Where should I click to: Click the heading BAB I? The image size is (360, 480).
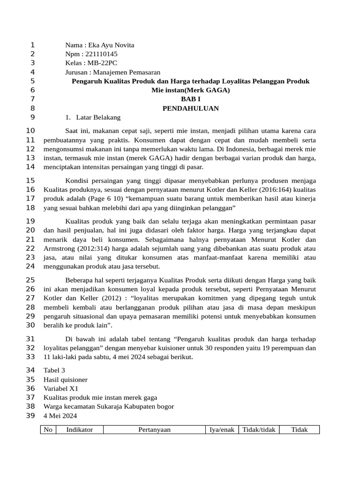click(190, 99)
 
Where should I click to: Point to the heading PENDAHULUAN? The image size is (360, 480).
click(190, 108)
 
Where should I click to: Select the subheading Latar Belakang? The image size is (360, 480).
click(98, 117)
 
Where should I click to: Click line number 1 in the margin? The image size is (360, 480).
click(32, 45)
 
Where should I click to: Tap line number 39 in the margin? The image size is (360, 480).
click(30, 416)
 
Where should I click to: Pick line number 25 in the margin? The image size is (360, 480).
click(30, 280)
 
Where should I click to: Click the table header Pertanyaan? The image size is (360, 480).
click(154, 430)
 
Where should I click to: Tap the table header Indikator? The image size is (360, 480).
click(80, 430)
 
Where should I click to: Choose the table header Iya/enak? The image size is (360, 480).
click(222, 430)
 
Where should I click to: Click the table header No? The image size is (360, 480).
click(48, 430)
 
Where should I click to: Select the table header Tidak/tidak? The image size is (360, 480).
click(259, 430)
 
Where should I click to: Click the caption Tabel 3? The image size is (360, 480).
click(54, 370)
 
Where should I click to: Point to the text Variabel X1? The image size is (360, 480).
click(61, 389)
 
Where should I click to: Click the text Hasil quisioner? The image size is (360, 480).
click(65, 380)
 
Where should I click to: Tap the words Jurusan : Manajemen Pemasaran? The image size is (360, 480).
click(112, 72)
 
